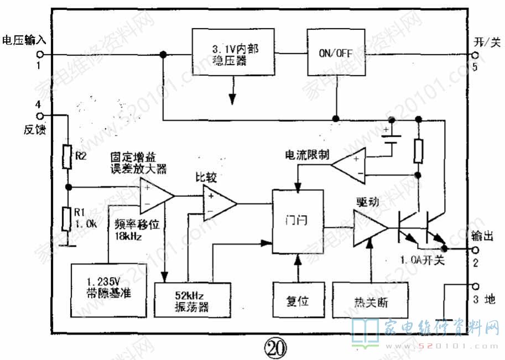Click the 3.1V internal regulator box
[235, 55]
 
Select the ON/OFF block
[336, 54]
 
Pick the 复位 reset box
[297, 301]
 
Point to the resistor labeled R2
[67, 156]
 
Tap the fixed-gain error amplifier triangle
[155, 196]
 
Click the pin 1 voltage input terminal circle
[40, 54]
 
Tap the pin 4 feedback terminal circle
[40, 116]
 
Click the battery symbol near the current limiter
[392, 138]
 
